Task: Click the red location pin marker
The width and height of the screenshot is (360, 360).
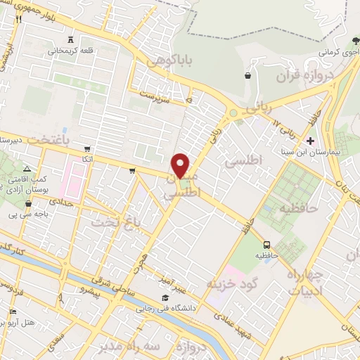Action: pyautogui.click(x=181, y=165)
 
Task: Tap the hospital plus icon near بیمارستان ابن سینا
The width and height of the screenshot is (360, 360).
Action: pyautogui.click(x=309, y=140)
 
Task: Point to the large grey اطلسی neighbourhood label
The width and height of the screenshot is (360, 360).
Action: pyautogui.click(x=244, y=161)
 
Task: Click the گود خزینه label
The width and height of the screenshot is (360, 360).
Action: pyautogui.click(x=230, y=283)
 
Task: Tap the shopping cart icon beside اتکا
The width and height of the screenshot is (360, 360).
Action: pyautogui.click(x=86, y=149)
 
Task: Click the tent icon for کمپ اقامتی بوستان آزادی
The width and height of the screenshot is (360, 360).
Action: pyautogui.click(x=26, y=169)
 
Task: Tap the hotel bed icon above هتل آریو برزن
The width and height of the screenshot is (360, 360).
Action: pyautogui.click(x=12, y=311)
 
